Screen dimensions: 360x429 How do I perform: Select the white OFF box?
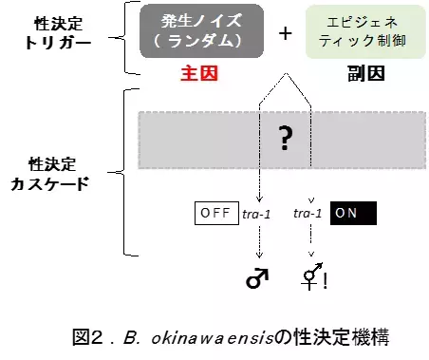(215, 214)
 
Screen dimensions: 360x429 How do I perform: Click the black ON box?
(352, 214)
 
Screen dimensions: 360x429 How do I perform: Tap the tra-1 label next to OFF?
(257, 215)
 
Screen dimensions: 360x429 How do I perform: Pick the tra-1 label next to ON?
(308, 215)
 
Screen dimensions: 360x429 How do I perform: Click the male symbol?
(256, 275)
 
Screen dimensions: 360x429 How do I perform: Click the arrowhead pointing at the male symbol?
(257, 256)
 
